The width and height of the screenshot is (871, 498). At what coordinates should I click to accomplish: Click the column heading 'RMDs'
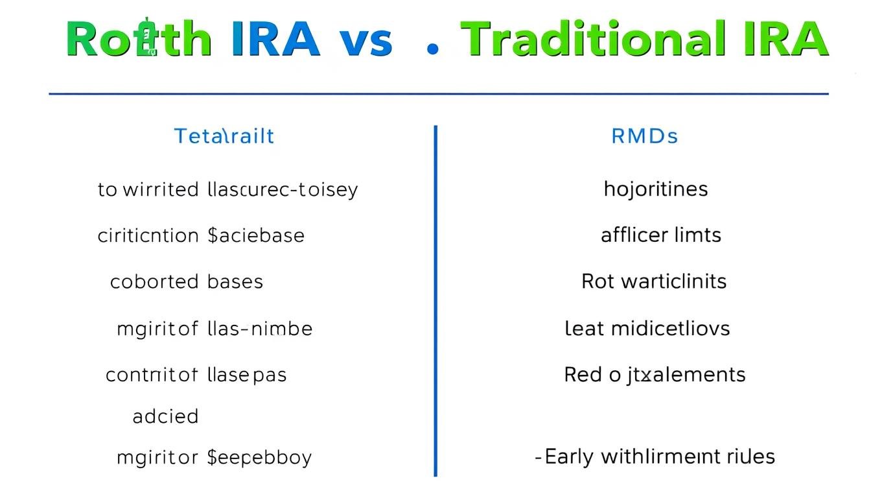[645, 136]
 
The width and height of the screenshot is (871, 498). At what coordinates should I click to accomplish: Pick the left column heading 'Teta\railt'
[224, 136]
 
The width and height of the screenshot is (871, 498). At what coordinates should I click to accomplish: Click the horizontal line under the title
[438, 94]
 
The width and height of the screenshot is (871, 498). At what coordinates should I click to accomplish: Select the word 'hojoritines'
[656, 189]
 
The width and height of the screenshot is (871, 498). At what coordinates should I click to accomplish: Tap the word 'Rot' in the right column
[598, 281]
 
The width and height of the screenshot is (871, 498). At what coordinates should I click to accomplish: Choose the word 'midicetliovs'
[669, 328]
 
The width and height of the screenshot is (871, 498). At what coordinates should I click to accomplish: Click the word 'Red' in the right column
[583, 375]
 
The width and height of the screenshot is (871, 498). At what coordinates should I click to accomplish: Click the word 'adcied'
[165, 416]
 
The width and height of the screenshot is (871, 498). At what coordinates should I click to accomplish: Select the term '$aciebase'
[255, 235]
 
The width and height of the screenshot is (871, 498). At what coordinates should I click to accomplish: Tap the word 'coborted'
[154, 282]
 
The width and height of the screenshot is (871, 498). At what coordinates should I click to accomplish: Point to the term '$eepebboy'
[259, 458]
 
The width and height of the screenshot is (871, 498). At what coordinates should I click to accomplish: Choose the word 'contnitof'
[152, 375]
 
